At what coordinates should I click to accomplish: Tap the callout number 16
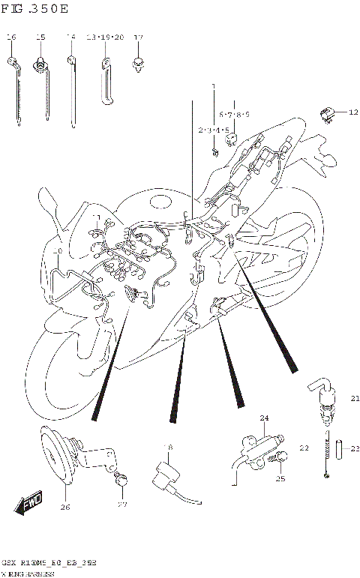11,37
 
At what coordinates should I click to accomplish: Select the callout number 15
40,37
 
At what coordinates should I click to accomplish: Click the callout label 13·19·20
104,37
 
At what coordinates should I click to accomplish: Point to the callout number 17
138,37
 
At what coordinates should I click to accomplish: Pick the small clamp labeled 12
328,113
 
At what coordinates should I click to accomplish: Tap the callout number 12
353,112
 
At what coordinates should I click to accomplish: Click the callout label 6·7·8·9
234,115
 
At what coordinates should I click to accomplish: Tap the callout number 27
122,505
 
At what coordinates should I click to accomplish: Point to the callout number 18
168,448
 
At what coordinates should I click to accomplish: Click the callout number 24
263,418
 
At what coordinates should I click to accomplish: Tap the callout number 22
304,448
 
